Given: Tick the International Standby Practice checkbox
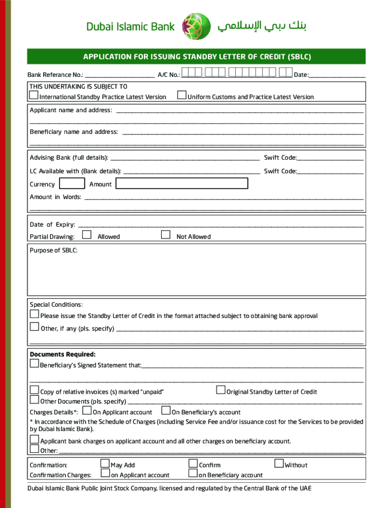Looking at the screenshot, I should coord(34,95).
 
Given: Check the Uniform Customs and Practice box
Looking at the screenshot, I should coord(182,95).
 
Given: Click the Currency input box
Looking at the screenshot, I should coord(71,184).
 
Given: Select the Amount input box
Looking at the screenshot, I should coord(182,184).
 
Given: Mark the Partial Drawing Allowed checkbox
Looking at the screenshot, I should coord(87,235).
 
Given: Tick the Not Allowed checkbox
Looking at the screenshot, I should coord(166,235).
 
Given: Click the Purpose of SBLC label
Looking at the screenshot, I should coord(54,251).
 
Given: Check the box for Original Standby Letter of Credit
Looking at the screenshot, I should coord(221,390).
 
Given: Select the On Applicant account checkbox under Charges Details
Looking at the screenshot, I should coord(87,411).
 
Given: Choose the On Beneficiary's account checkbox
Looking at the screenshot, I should coord(166,411).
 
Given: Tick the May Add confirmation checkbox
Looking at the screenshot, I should coord(105,464).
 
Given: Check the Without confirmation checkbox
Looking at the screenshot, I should coord(279,464).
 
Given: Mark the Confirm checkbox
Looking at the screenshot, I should coord(193,464).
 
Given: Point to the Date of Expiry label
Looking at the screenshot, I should coord(53,225).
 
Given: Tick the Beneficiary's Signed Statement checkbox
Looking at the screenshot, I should coord(34,364).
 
